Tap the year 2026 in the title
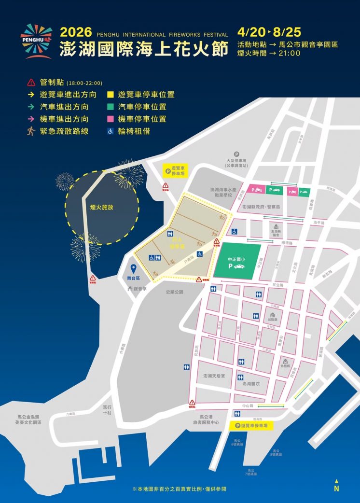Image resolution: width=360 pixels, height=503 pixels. [76, 33]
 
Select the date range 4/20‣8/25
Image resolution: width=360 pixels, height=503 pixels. [269, 32]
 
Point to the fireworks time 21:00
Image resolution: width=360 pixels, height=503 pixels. [289, 53]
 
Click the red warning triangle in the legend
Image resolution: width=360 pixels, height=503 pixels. [31, 83]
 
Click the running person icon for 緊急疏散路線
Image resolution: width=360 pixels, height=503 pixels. [31, 131]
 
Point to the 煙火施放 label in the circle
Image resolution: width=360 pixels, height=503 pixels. [101, 207]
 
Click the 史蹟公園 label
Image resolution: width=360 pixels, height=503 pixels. [174, 292]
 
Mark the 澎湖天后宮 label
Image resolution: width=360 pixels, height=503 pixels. [214, 376]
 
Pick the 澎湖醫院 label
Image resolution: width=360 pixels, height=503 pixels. [251, 384]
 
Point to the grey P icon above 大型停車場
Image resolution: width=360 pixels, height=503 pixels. [236, 154]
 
